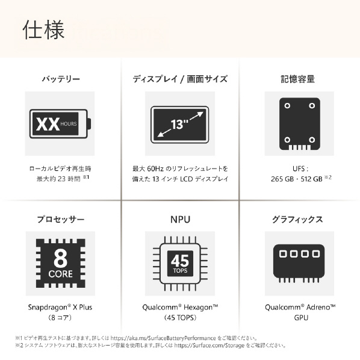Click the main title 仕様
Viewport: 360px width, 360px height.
[x=43, y=29]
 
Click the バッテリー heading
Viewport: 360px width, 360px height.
[x=61, y=79]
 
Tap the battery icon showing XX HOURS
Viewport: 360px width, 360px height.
[x=60, y=124]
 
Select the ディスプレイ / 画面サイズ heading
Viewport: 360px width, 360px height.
[x=180, y=79]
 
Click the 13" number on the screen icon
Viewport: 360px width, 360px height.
[x=179, y=124]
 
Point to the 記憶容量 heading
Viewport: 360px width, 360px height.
[x=298, y=79]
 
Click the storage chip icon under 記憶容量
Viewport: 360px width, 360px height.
[x=300, y=124]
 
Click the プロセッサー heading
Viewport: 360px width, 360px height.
[x=61, y=219]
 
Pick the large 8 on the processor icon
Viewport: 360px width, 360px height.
[x=61, y=258]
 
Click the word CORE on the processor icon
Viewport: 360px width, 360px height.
[x=61, y=274]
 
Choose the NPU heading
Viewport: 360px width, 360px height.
[x=180, y=220]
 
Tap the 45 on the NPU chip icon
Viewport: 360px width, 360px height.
[x=180, y=261]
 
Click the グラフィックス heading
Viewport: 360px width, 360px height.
[x=297, y=219]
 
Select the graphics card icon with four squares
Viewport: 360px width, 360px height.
[x=299, y=263]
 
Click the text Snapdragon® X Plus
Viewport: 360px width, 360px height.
[x=60, y=307]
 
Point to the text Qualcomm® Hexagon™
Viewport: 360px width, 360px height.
[x=180, y=307]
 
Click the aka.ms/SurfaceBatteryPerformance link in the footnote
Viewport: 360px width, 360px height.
[x=163, y=338]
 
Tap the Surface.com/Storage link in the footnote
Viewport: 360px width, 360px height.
[x=209, y=346]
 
